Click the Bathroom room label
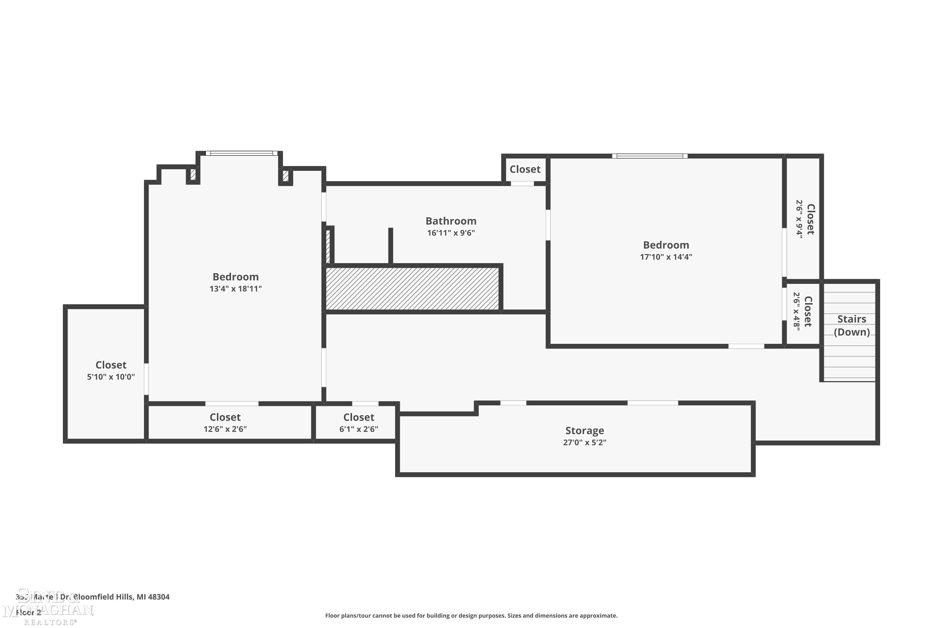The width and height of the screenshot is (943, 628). (x=451, y=221)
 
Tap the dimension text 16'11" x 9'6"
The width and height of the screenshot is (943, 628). (x=451, y=233)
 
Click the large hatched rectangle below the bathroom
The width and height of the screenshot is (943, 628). (x=412, y=288)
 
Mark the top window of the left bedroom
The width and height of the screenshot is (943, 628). (x=241, y=153)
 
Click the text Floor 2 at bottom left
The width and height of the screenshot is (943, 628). (x=28, y=612)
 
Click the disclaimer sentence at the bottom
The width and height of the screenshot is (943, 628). (x=471, y=615)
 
